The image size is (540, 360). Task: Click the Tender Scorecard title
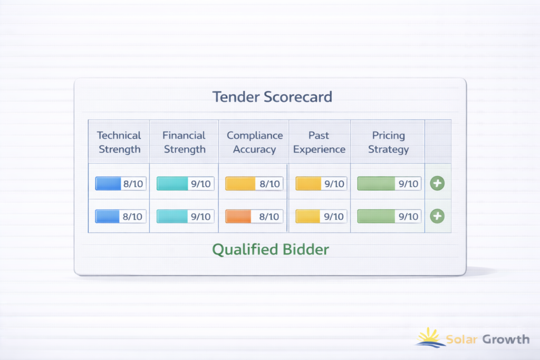click(x=272, y=96)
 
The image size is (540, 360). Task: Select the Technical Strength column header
click(x=119, y=142)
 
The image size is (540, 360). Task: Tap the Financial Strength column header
click(x=184, y=142)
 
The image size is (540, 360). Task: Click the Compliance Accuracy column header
click(x=255, y=142)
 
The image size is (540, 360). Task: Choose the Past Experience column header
click(x=319, y=142)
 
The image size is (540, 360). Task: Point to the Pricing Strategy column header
click(x=389, y=142)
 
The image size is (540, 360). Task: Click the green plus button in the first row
click(x=437, y=183)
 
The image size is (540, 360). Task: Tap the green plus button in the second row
click(x=437, y=216)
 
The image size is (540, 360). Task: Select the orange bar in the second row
click(x=238, y=217)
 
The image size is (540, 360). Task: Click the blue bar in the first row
click(x=108, y=183)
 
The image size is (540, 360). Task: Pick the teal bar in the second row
click(x=172, y=217)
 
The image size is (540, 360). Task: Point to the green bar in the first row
click(x=376, y=183)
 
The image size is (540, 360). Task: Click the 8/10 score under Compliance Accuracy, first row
click(x=269, y=184)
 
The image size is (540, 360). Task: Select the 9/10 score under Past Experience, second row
click(x=334, y=217)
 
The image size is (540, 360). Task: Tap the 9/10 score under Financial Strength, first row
click(x=201, y=184)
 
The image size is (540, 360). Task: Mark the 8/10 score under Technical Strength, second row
click(x=132, y=217)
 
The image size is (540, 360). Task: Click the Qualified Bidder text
click(x=271, y=249)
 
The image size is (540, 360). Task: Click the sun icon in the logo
click(x=429, y=337)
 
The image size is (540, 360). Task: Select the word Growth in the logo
click(x=506, y=339)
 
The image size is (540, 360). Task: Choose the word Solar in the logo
click(x=461, y=339)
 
